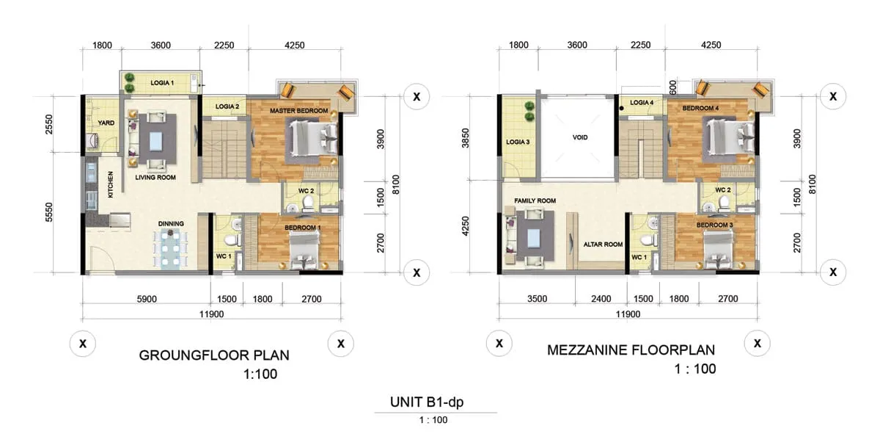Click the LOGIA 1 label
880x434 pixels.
[x=162, y=83]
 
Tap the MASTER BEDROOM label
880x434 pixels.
[x=298, y=111]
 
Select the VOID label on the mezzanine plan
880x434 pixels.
[x=580, y=137]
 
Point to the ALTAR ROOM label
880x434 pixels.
[x=603, y=245]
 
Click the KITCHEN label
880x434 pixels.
[x=111, y=184]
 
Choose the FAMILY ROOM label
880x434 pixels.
[x=535, y=200]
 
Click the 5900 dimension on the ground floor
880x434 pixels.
[x=147, y=299]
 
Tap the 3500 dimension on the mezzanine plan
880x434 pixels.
[x=537, y=299]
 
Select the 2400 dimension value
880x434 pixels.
[x=601, y=299]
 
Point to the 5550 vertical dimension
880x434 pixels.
[x=48, y=212]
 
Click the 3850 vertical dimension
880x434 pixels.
[x=466, y=138]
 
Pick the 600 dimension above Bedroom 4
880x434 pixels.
[x=672, y=87]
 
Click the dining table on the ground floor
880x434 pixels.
[x=170, y=250]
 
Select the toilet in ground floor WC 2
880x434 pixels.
[x=307, y=203]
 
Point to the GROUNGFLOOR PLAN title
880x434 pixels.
[x=214, y=355]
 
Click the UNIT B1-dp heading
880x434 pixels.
[x=427, y=402]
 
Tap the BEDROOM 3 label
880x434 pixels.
[x=714, y=225]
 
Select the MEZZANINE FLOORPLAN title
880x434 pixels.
[x=631, y=350]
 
